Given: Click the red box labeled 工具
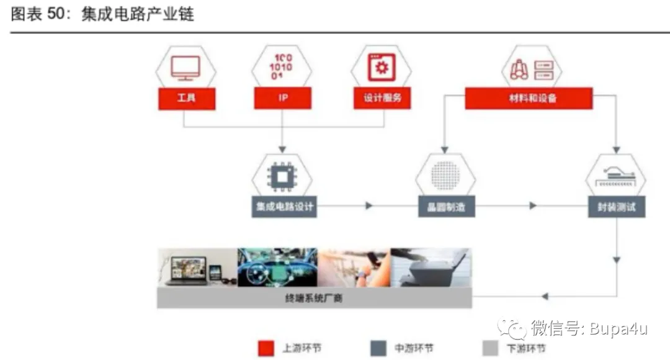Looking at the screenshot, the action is point(187,99).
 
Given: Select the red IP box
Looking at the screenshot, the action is point(282,99).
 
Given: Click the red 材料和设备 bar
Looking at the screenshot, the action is point(529,99).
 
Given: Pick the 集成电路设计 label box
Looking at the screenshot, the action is point(285,208).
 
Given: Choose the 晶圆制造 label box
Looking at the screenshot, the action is point(445,208).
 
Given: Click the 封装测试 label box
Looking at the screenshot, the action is point(616,208).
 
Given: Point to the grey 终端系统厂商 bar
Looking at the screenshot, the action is point(314,299).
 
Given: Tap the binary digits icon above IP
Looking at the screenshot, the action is point(282,67).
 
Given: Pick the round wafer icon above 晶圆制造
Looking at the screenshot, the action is point(445,176).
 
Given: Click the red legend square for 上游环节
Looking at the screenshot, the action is point(267,348).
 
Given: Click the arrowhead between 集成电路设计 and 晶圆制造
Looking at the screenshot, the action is point(370,205).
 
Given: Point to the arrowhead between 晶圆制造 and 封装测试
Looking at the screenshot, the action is point(533,205).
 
